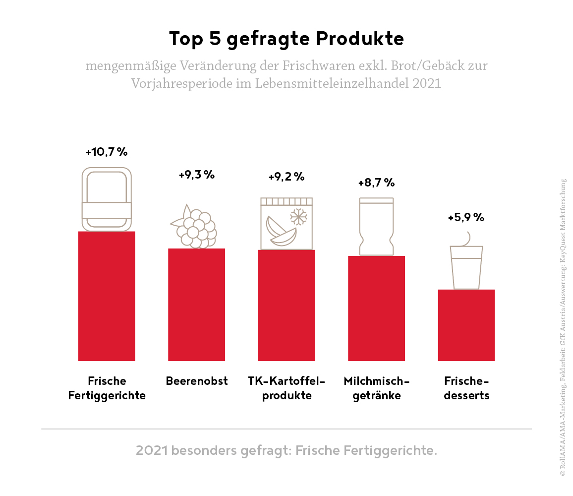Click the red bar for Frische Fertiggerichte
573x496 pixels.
107,296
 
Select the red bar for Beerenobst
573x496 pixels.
196,305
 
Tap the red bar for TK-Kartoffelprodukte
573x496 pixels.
286,306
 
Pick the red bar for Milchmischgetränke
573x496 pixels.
376,309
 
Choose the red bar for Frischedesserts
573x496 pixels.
466,325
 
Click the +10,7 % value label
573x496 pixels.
107,152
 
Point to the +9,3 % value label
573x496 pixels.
196,175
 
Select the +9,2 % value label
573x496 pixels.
286,177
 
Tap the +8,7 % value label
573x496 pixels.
376,183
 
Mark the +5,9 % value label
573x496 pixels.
466,217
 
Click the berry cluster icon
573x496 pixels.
194,227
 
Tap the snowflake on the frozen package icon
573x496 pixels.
299,217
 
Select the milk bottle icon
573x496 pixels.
376,226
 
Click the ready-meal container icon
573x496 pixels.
107,199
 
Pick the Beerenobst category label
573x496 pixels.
197,381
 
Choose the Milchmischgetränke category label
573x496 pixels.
377,388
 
